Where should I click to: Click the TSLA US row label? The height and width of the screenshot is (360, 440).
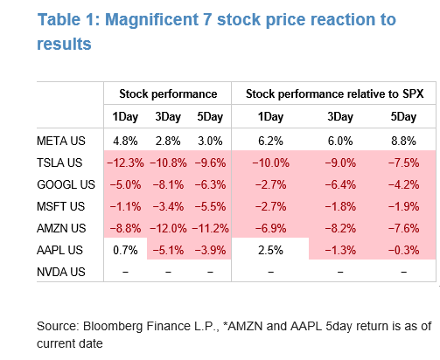click(59, 163)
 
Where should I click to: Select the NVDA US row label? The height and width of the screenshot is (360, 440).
click(61, 272)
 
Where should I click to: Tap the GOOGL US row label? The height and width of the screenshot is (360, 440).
click(66, 184)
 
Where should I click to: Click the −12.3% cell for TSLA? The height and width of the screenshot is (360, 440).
click(125, 163)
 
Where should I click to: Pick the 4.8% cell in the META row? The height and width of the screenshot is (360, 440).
click(125, 141)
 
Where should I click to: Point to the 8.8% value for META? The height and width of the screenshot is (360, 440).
click(403, 141)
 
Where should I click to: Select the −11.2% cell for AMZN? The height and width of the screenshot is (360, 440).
click(210, 228)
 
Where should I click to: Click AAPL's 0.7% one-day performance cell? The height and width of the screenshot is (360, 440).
click(125, 250)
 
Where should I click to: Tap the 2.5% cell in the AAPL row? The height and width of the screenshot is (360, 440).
click(270, 250)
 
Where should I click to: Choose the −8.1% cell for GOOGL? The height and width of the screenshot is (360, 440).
click(168, 184)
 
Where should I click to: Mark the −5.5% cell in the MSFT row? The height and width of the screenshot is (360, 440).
click(210, 206)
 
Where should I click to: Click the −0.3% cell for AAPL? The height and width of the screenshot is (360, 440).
click(403, 250)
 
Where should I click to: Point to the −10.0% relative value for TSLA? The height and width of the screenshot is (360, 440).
click(270, 163)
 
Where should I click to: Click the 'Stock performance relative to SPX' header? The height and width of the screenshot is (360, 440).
click(335, 93)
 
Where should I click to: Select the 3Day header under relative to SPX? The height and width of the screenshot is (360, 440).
click(340, 117)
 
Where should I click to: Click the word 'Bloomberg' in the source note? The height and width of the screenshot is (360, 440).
click(113, 326)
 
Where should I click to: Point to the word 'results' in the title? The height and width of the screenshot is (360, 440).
click(64, 44)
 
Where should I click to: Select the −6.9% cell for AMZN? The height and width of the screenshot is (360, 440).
click(270, 228)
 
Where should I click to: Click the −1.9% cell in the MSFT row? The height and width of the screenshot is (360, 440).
click(403, 206)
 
